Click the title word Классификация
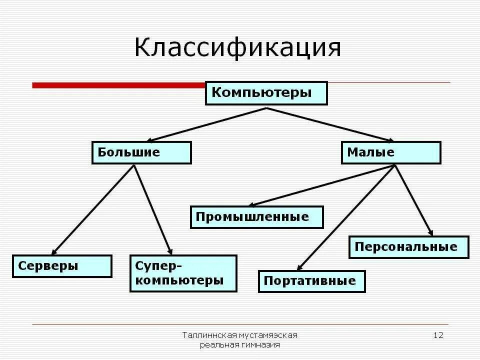coord(238,48)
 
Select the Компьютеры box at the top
coord(266,93)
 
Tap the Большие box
coord(141,152)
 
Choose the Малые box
coord(391,152)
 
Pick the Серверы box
coord(62,266)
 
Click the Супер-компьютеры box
coord(183,273)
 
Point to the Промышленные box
coord(257,217)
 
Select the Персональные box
coord(409,247)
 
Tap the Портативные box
coord(312,281)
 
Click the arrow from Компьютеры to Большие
coord(207,124)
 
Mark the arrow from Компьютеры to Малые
coord(330,124)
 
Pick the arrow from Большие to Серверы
coord(93,209)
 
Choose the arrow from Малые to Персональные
coord(413,200)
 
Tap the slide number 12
coord(438,335)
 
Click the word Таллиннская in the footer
coord(204,335)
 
